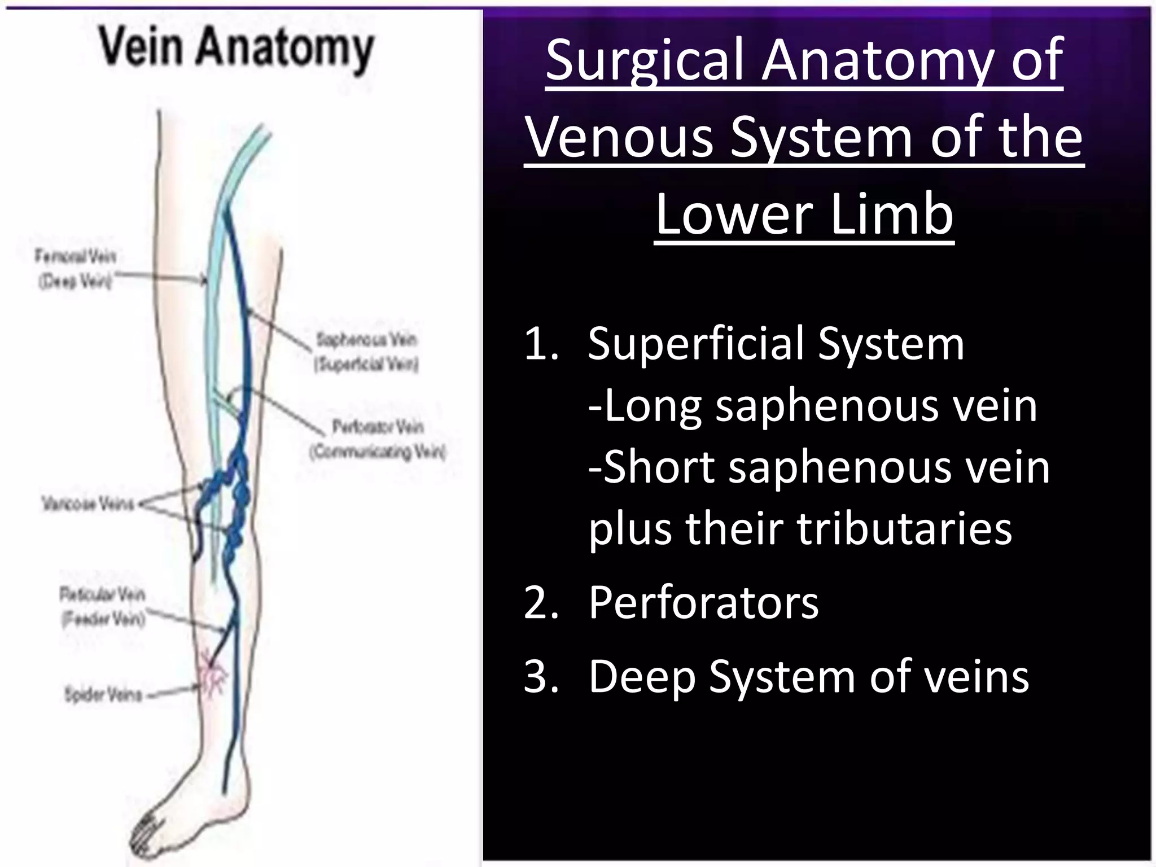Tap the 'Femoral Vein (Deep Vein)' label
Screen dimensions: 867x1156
coord(76,269)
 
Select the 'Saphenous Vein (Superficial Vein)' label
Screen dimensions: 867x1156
coord(367,352)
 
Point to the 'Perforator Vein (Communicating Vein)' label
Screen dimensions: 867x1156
coord(378,439)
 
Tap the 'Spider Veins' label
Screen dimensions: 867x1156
coord(103,694)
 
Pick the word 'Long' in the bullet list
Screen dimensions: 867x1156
coord(649,406)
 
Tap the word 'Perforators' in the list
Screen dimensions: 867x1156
coord(703,603)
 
